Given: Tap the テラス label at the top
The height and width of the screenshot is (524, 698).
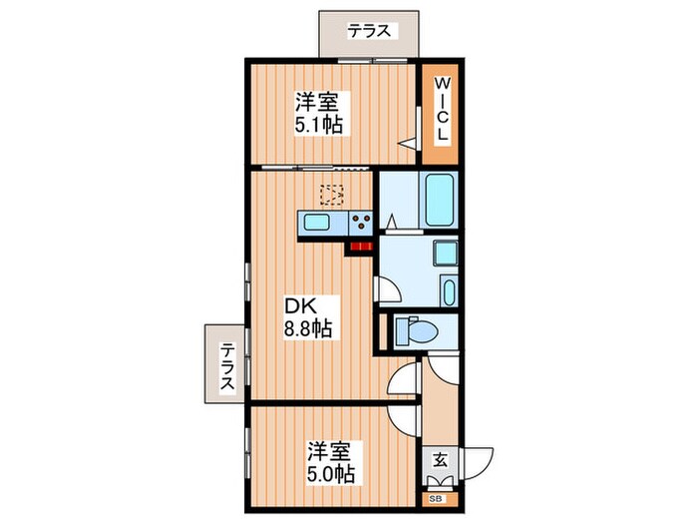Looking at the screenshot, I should tap(368, 31).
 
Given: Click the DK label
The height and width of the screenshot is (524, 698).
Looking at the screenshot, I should tap(302, 305).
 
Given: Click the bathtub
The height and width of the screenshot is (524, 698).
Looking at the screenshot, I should tap(439, 201).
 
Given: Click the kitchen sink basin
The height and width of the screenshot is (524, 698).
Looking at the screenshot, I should tap(317, 223).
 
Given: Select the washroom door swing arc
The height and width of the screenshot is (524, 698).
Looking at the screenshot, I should tap(391, 290).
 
